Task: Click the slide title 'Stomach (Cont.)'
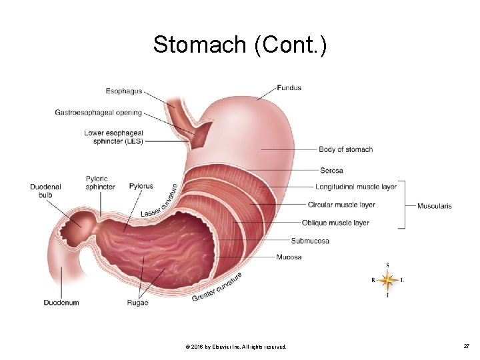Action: (x=239, y=45)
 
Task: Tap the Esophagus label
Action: (x=124, y=91)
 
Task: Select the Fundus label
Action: (x=289, y=87)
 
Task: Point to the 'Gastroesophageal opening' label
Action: (x=98, y=113)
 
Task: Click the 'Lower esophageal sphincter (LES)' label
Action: (x=113, y=137)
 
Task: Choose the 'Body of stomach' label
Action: (x=345, y=149)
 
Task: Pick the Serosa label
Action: (x=331, y=171)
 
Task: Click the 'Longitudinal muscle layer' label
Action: (x=356, y=187)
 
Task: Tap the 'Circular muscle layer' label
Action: (x=341, y=205)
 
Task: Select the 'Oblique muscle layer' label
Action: (x=335, y=223)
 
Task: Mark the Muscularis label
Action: (x=434, y=206)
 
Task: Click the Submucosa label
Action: (x=310, y=241)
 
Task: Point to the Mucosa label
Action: (x=289, y=257)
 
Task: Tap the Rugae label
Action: (x=137, y=303)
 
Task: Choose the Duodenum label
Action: (x=61, y=303)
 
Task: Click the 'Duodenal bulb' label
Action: (x=45, y=191)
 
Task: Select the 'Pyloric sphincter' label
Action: (x=100, y=183)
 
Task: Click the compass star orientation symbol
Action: (x=387, y=280)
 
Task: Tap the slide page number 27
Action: (x=467, y=347)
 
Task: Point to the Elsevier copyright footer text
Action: (x=237, y=347)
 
